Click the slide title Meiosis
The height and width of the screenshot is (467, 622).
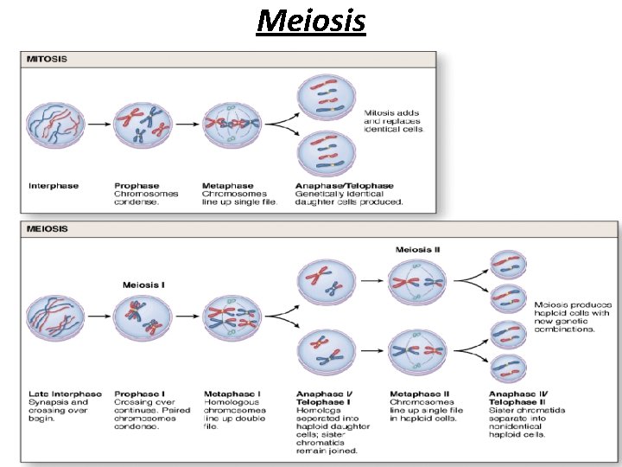tap(311, 19)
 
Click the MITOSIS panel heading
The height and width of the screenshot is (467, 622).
tap(47, 60)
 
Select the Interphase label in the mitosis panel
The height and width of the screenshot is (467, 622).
tap(54, 185)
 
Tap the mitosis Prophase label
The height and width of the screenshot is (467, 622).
tap(136, 185)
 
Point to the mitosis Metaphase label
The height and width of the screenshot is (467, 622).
tap(228, 185)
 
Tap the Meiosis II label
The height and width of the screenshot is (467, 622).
tap(418, 250)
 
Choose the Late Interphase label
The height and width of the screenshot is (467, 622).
tap(65, 394)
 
